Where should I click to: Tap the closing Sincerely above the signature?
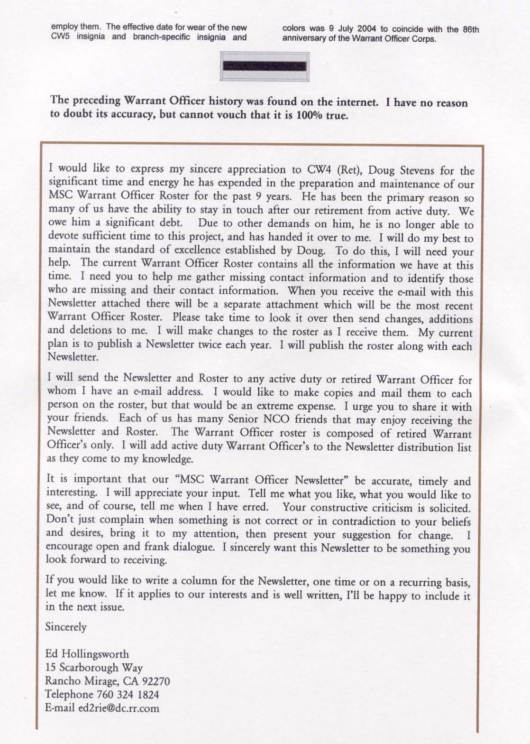(x=66, y=627)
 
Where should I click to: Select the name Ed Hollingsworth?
(x=87, y=655)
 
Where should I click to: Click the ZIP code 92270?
(x=154, y=681)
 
